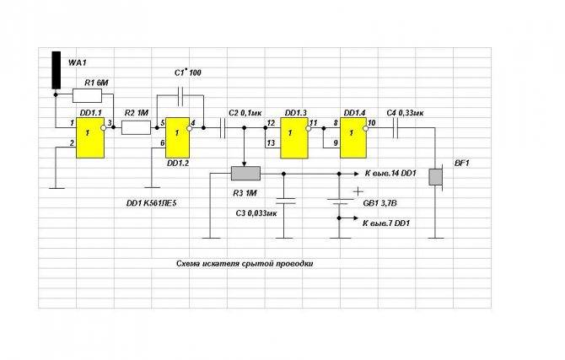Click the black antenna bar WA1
point(56,70)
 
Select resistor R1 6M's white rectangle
point(87,95)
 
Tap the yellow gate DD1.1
point(90,137)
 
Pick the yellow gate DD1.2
point(177,137)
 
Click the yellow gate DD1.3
point(294,137)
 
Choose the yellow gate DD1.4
point(354,137)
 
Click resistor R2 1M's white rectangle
point(136,127)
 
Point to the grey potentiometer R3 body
point(245,174)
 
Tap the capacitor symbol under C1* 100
point(180,95)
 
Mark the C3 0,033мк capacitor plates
point(284,201)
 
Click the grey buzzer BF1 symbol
point(436,176)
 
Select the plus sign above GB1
point(358,191)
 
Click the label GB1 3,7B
point(379,203)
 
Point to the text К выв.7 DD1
point(386,223)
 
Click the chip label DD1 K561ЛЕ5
point(151,203)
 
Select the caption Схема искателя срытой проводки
point(245,263)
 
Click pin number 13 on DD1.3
point(271,143)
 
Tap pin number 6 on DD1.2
point(163,143)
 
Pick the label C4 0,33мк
point(405,113)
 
